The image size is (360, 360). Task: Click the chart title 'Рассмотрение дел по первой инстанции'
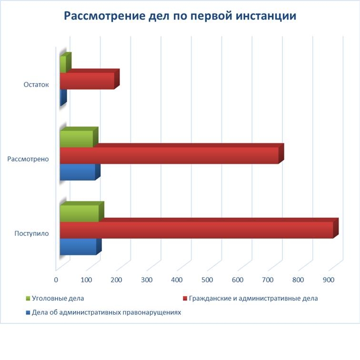pos(180,16)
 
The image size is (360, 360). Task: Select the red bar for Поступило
pos(196,230)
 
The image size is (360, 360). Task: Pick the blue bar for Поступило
pos(78,247)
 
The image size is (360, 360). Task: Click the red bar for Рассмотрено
pos(169,156)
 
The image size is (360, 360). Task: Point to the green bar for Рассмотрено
pos(76,139)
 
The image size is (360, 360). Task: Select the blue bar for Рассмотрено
pos(77,172)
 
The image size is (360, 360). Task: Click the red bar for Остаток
pos(87,81)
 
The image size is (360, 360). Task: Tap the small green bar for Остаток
pos(63,65)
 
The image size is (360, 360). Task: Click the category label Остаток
pos(36,85)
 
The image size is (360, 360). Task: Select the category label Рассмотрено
pos(28,159)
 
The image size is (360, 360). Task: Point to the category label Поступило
pos(31,233)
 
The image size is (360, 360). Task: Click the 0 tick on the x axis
pos(56,280)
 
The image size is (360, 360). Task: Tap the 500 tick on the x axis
pos(207,280)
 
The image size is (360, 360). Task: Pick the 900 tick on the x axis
pos(328,280)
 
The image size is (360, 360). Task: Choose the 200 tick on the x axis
pos(117,280)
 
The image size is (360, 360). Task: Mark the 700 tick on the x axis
pos(268,280)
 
